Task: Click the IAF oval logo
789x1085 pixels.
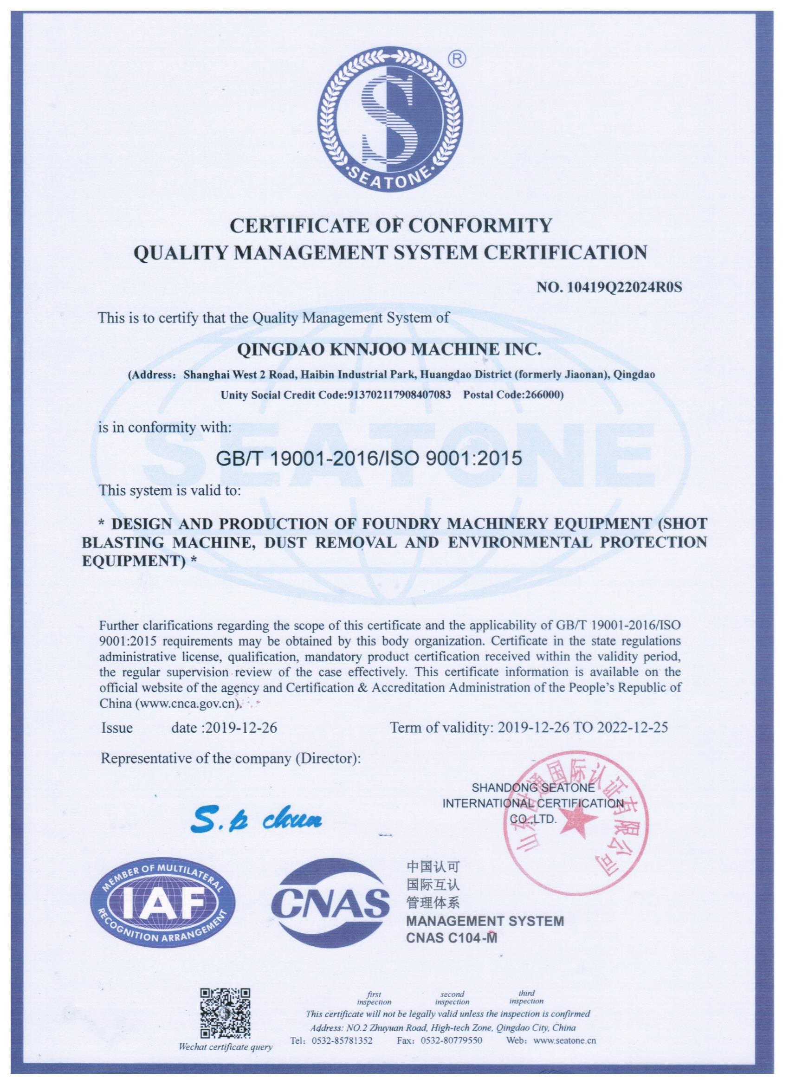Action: click(161, 915)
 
